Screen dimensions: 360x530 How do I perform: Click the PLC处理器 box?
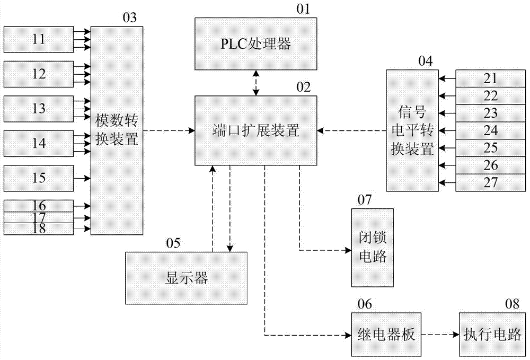click(256, 43)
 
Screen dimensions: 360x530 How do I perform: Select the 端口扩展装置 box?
click(256, 130)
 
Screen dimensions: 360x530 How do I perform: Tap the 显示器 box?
click(186, 278)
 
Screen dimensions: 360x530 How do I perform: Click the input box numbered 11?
click(39, 39)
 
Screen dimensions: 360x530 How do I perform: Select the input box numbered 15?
click(39, 178)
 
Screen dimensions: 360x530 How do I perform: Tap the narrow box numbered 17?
click(39, 217)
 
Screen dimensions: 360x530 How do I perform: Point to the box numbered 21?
click(491, 79)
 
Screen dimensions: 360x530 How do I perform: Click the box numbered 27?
click(491, 183)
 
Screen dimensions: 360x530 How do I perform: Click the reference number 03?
click(129, 17)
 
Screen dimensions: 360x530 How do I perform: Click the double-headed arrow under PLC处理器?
click(256, 83)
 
